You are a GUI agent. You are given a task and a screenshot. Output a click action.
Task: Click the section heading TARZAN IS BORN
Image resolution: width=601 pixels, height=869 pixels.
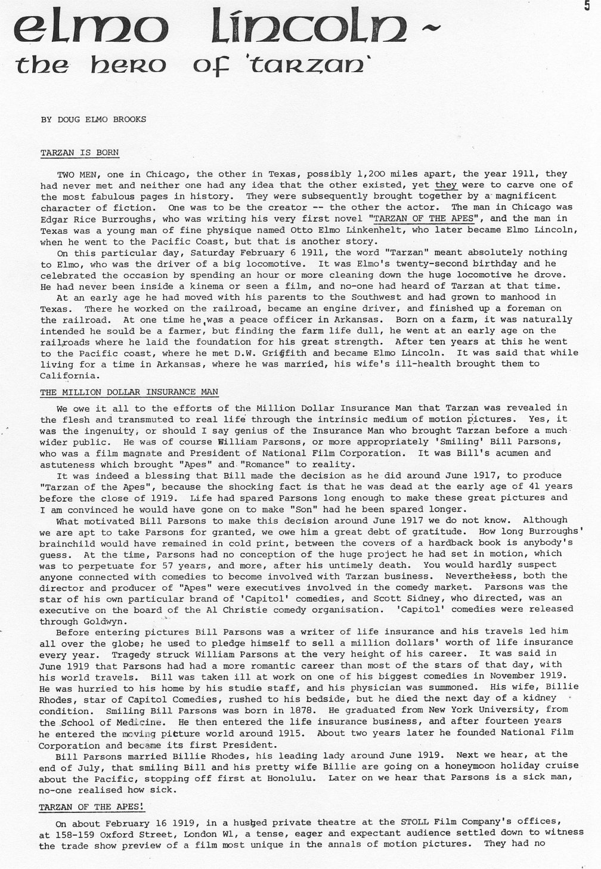click(x=79, y=153)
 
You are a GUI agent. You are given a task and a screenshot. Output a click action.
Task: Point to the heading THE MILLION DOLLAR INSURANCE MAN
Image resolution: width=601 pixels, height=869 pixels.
click(x=129, y=392)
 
